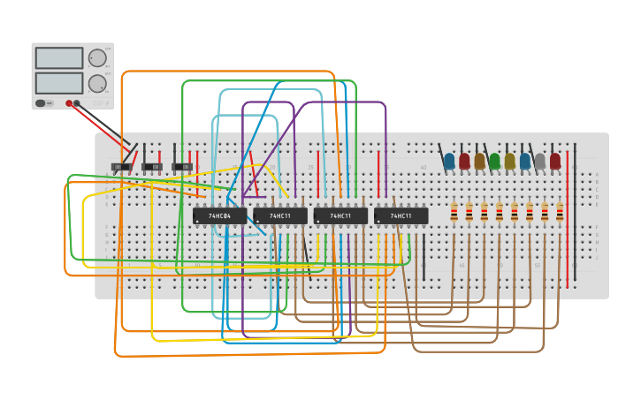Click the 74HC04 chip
[x=219, y=215]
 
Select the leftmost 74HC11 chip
[x=280, y=215]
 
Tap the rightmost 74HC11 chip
[x=401, y=215]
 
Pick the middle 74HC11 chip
[x=340, y=215]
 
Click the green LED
[x=494, y=161]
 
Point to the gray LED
[x=539, y=161]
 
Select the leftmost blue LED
[x=449, y=161]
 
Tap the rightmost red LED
[x=555, y=161]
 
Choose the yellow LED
[x=509, y=161]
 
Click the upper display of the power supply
[x=59, y=58]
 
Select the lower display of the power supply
[x=59, y=83]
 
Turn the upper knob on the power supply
[x=97, y=58]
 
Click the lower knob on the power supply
[x=97, y=84]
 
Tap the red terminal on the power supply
[x=69, y=103]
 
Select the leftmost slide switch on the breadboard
[x=122, y=166]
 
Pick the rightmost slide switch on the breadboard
[x=182, y=166]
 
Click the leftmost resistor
[x=454, y=212]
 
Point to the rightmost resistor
[x=560, y=212]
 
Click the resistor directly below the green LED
[x=500, y=212]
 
